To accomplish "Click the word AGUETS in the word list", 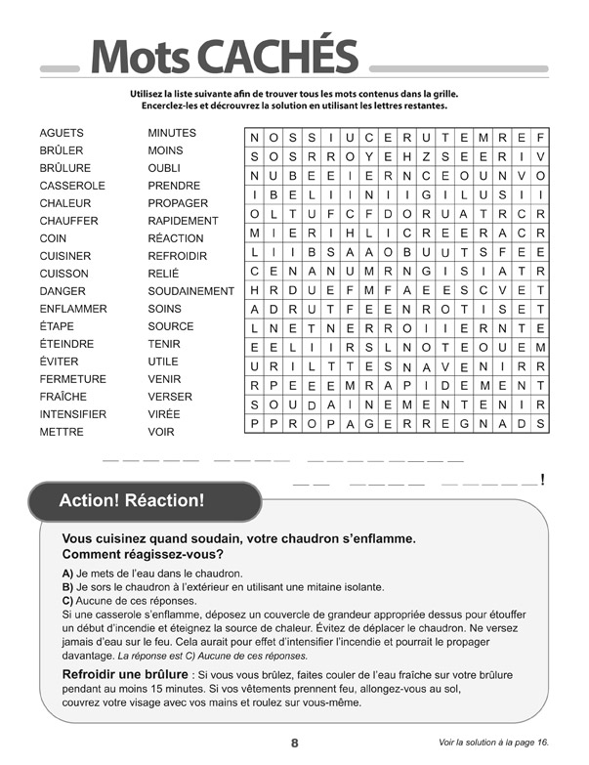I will click(x=62, y=133).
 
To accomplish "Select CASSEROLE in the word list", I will click(x=72, y=186).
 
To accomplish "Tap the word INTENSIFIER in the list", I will click(x=73, y=414).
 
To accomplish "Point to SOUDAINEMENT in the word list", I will click(x=190, y=291).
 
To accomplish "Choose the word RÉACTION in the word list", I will click(x=176, y=238).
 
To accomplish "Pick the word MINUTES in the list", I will click(x=172, y=133).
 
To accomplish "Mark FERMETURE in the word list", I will click(x=73, y=379).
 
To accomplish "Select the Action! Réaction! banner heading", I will click(x=132, y=501).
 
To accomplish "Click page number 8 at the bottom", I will click(x=294, y=743).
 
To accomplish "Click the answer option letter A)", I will click(x=67, y=574).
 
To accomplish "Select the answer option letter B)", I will click(x=67, y=587).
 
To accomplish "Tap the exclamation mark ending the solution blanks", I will click(x=542, y=480).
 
